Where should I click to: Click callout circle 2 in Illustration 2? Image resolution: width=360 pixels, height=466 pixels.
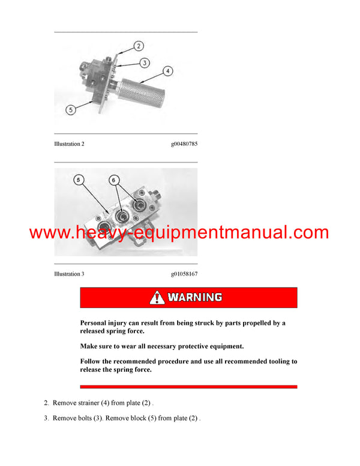point(138,46)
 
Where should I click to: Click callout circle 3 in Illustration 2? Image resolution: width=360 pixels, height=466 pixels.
point(145,62)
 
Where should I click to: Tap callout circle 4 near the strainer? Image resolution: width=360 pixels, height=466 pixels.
point(168,71)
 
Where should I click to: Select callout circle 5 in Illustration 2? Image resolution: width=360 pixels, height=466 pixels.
point(71,110)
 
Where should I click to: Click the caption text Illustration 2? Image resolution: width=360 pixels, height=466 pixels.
point(69,144)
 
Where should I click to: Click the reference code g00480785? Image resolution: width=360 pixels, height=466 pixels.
point(184,144)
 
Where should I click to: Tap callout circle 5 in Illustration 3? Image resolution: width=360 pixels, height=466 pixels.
point(79,180)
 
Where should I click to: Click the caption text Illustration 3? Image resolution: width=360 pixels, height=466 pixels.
point(69,274)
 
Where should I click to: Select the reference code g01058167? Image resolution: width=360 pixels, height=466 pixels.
point(184,274)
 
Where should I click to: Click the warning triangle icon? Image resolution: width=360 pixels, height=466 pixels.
point(157,297)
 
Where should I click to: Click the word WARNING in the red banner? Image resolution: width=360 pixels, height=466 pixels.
point(195,297)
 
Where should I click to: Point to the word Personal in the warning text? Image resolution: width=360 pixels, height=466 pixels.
point(95,323)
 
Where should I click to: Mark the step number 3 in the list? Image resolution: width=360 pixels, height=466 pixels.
point(46,418)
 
